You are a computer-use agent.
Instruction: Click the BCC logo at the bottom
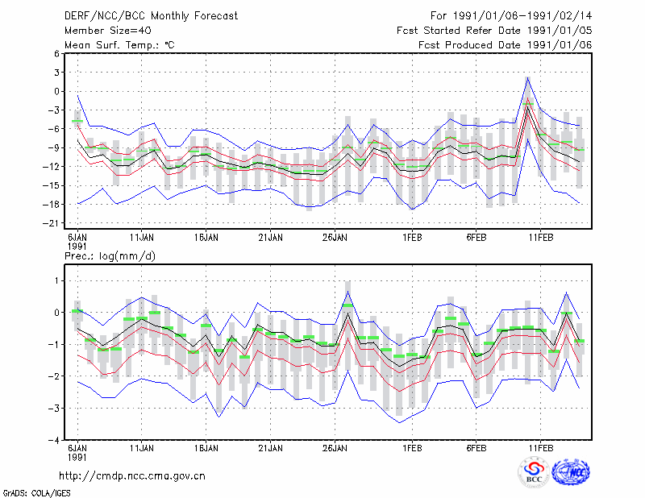tap(534, 472)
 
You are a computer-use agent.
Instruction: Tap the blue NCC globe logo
tap(571, 472)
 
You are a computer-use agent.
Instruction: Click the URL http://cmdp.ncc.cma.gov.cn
tap(132, 476)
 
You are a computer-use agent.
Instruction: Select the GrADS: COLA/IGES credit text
tap(36, 493)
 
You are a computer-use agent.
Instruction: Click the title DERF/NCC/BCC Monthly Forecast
tap(151, 16)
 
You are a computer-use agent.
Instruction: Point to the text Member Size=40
tap(108, 31)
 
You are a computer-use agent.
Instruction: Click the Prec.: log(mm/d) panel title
tap(110, 256)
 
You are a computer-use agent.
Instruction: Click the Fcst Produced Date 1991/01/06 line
tap(506, 45)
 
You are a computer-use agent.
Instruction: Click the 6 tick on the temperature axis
tap(56, 53)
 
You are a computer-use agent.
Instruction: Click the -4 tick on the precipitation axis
tap(54, 440)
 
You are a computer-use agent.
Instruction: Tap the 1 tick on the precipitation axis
tap(56, 281)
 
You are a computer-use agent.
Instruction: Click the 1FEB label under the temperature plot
tap(412, 237)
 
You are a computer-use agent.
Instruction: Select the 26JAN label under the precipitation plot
tap(335, 448)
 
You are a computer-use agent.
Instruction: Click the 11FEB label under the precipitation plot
tap(540, 448)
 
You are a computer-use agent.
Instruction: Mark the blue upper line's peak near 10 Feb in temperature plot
tap(527, 77)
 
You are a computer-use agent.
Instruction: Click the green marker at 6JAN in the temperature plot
tap(77, 121)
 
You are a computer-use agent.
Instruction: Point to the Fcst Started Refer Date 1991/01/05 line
tap(494, 31)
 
